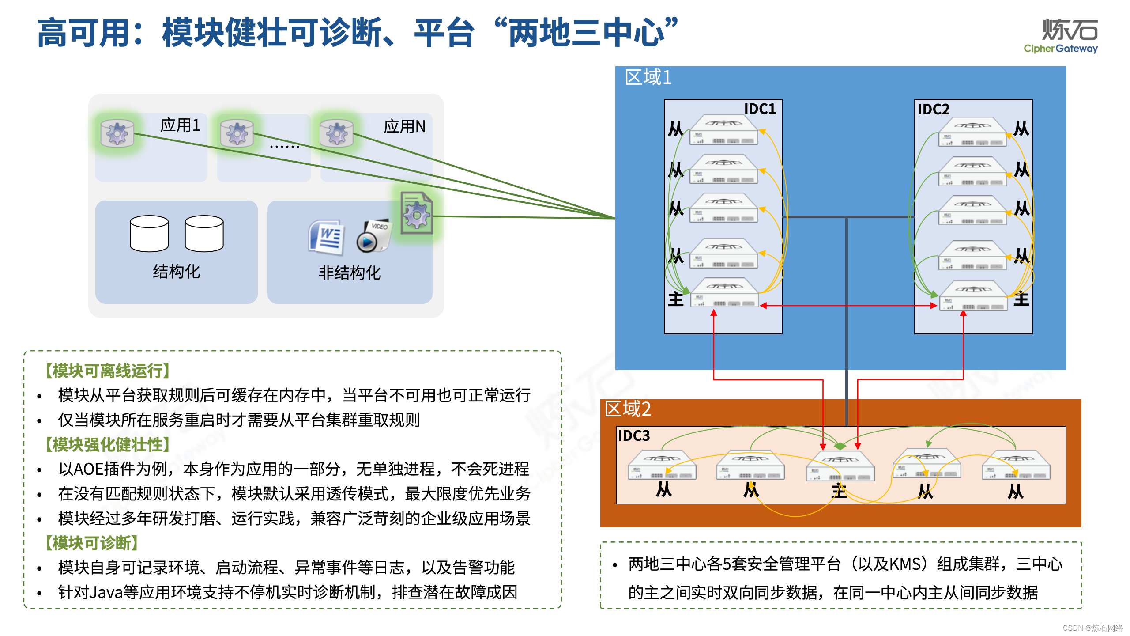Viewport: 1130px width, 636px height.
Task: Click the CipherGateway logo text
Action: coord(1060,49)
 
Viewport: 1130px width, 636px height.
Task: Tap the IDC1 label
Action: coord(759,109)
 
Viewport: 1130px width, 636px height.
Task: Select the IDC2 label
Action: coord(933,109)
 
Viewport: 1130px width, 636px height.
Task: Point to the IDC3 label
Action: coord(634,436)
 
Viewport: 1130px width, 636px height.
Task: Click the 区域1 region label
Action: coord(648,78)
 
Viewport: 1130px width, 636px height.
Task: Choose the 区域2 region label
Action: coord(627,409)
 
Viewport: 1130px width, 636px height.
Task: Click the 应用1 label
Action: coord(180,125)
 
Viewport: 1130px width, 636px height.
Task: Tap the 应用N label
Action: coord(404,127)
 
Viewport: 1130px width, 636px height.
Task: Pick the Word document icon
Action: coord(327,238)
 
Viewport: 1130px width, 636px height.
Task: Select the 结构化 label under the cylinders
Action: coord(177,272)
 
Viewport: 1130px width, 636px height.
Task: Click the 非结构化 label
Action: coord(350,273)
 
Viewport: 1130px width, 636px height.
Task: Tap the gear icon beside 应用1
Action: coord(117,133)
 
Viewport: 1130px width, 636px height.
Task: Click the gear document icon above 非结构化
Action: coord(416,213)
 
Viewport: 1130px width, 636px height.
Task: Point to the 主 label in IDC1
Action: coord(675,299)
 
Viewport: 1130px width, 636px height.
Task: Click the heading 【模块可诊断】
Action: coord(91,543)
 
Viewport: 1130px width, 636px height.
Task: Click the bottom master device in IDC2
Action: coord(973,296)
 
